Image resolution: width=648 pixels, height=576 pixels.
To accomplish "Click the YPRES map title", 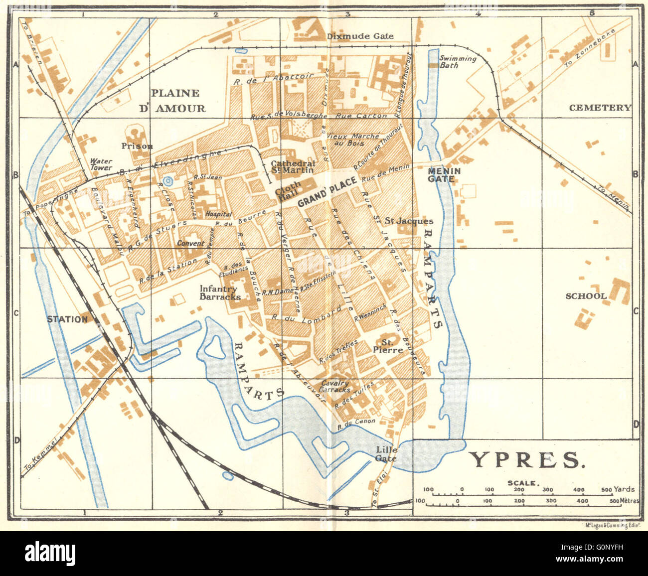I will click(x=527, y=460).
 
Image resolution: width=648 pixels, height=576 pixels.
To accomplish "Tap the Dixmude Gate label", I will click(x=360, y=36).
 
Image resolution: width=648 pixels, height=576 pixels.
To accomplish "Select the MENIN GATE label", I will click(x=444, y=174).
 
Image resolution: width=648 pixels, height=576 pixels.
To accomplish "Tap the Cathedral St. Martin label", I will click(x=293, y=166).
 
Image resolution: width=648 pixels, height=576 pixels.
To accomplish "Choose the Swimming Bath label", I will click(x=457, y=62).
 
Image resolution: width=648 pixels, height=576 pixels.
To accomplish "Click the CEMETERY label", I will click(x=600, y=108).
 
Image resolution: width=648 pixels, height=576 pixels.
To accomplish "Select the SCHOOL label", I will click(x=586, y=295).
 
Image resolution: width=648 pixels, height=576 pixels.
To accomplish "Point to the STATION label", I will click(x=67, y=319).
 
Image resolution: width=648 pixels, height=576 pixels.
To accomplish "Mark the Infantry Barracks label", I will click(x=220, y=292).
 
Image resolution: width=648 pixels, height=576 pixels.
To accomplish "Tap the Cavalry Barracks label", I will click(x=335, y=387).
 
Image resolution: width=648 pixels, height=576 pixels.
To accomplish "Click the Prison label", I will click(x=137, y=146).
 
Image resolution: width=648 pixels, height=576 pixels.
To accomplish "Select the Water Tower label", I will click(x=101, y=164).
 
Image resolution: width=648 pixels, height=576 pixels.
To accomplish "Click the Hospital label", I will click(x=219, y=214).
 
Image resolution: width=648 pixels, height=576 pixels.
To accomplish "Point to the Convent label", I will click(x=190, y=243).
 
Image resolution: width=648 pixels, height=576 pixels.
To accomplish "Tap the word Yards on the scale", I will click(x=625, y=489).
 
